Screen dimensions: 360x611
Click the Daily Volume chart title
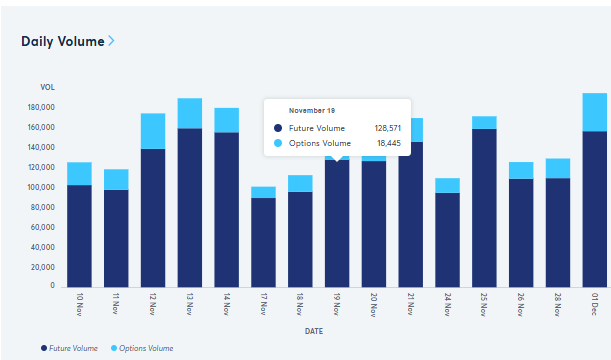62,41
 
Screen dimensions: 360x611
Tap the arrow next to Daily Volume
111,41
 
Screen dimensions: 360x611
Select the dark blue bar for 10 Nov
79,236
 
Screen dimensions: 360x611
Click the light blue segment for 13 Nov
190,113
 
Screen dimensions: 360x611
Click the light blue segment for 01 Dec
594,112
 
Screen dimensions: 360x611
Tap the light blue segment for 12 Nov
153,131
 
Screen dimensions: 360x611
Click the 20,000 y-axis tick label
42,267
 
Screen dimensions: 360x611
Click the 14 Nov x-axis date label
227,304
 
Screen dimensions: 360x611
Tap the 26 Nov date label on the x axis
521,304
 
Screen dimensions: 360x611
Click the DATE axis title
314,330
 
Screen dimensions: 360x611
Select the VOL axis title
47,88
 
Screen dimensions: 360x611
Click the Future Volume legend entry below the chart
69,347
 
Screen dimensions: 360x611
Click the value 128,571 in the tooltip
387,128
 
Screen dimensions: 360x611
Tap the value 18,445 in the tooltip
390,144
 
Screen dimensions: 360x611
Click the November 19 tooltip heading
312,110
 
